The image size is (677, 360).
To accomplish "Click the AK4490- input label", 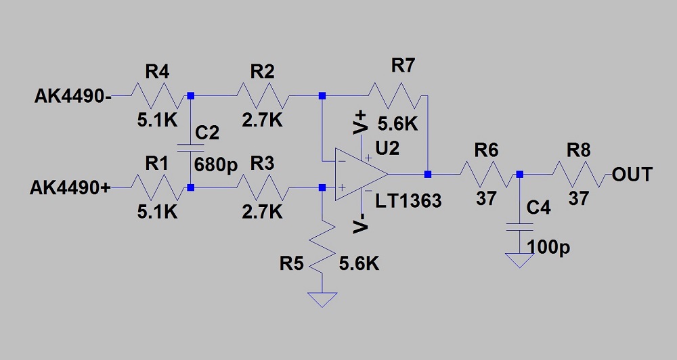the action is pyautogui.click(x=72, y=96).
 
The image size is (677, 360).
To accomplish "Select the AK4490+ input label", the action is pyautogui.click(x=70, y=187).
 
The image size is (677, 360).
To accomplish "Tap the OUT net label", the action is pyautogui.click(x=632, y=175).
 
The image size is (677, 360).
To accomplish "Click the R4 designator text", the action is pyautogui.click(x=157, y=72).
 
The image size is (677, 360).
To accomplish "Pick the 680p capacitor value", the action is pyautogui.click(x=216, y=164).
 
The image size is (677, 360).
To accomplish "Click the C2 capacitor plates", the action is pyautogui.click(x=190, y=148).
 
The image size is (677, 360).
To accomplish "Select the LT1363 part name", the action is pyautogui.click(x=408, y=201).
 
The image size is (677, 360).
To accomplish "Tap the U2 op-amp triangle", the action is pyautogui.click(x=361, y=174).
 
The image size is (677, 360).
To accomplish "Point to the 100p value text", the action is pyautogui.click(x=548, y=248).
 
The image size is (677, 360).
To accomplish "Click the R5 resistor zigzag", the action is pyautogui.click(x=322, y=248).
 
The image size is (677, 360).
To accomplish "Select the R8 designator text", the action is pyautogui.click(x=579, y=150).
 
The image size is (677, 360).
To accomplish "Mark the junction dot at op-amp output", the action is pyautogui.click(x=428, y=175).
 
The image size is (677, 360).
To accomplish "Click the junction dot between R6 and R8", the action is pyautogui.click(x=520, y=175).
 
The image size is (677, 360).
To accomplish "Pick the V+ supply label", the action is pyautogui.click(x=360, y=122).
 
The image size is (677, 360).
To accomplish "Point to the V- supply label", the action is pyautogui.click(x=360, y=223).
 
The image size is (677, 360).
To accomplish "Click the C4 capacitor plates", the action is pyautogui.click(x=519, y=227).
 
